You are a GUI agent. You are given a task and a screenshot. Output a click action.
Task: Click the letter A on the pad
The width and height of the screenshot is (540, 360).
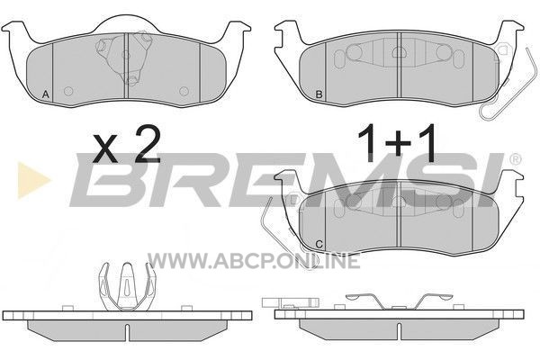[46, 94]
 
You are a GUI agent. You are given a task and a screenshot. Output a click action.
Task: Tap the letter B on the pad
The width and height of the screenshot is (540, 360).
[319, 94]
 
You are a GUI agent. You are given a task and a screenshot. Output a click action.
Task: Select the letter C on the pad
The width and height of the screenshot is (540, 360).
[319, 245]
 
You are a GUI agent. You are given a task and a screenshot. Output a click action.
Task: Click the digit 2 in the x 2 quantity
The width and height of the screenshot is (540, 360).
[148, 144]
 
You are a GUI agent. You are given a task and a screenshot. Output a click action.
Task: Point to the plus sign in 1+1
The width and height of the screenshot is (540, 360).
[398, 145]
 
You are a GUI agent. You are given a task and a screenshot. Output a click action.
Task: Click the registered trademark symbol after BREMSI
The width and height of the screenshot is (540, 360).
[515, 159]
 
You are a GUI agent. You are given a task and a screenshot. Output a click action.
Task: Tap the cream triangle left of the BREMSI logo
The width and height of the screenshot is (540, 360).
[33, 180]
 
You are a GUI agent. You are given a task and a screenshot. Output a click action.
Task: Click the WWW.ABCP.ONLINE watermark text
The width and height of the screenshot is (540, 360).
[254, 260]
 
